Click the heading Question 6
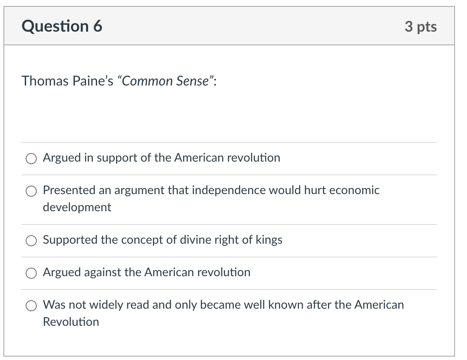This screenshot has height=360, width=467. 62,27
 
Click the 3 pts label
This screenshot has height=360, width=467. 420,27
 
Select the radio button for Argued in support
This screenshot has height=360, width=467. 31,159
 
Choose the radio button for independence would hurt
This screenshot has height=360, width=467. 31,191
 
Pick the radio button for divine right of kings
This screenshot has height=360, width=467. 31,241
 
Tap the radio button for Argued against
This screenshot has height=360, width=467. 31,273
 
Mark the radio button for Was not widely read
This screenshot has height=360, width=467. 31,306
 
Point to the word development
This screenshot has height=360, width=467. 77,207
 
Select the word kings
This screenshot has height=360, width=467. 269,240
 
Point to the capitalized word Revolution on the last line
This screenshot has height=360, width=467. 71,322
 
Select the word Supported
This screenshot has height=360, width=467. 70,240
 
